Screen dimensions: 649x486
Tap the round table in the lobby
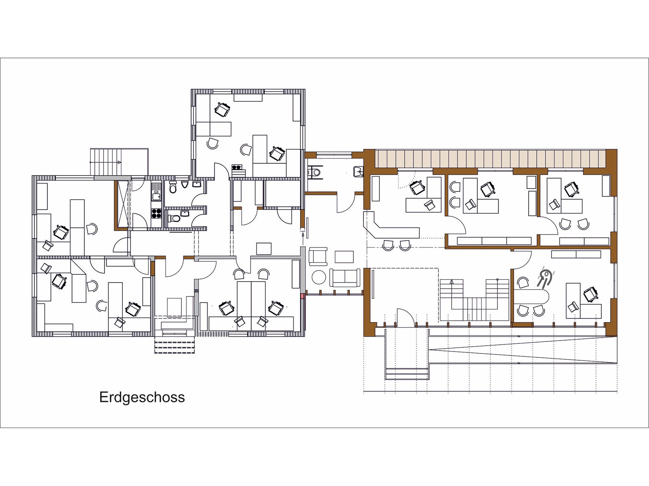pyautogui.click(x=318, y=277)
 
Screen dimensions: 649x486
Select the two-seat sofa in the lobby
pyautogui.click(x=345, y=277)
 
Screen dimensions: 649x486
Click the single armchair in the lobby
pyautogui.click(x=318, y=256)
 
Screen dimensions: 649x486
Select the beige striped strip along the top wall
pyautogui.click(x=491, y=159)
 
